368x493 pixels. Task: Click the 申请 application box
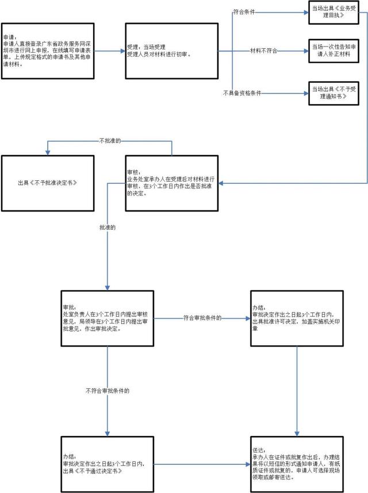coord(48,51)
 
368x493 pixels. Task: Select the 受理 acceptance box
coord(172,51)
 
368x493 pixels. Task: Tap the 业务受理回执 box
coord(333,12)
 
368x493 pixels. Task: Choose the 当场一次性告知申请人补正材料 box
coord(333,51)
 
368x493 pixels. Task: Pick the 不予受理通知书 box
coord(333,93)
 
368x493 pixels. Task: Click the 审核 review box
coord(172,183)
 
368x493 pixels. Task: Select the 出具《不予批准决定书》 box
coord(48,183)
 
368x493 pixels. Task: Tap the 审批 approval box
coord(108,318)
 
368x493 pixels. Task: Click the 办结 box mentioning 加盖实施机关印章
coord(297,318)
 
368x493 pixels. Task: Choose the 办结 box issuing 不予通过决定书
coord(108,464)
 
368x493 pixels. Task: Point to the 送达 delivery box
coord(297,464)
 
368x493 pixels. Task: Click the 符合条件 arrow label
coord(244,12)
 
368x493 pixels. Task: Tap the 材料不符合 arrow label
coord(263,51)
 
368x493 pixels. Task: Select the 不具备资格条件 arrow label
coord(242,93)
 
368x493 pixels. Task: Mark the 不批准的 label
coord(110,141)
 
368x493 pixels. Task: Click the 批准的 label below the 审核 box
coord(108,228)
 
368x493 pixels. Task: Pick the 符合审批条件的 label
coord(202,318)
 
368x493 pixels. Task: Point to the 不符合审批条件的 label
coord(108,391)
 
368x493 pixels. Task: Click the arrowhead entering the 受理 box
coord(123,51)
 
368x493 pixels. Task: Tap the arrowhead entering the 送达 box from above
coord(297,434)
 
